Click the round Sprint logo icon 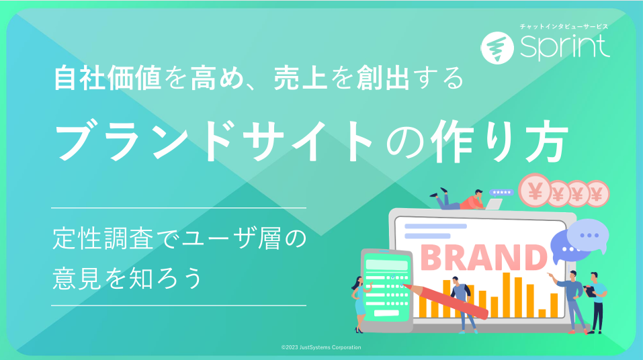[x=497, y=48]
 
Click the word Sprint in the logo [x=564, y=47]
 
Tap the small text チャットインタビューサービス [x=564, y=27]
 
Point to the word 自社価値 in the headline [x=108, y=78]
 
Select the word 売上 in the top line [x=300, y=78]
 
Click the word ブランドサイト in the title [x=214, y=140]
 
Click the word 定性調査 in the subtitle [x=103, y=239]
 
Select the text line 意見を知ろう [x=127, y=279]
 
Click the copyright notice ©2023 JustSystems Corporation [x=321, y=347]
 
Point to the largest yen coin [x=535, y=191]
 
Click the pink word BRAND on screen [x=484, y=257]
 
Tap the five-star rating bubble [x=501, y=192]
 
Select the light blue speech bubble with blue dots [x=588, y=235]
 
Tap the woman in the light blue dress [x=359, y=304]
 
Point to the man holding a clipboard [x=597, y=303]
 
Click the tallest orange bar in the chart [x=507, y=295]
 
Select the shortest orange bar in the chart [x=542, y=313]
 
